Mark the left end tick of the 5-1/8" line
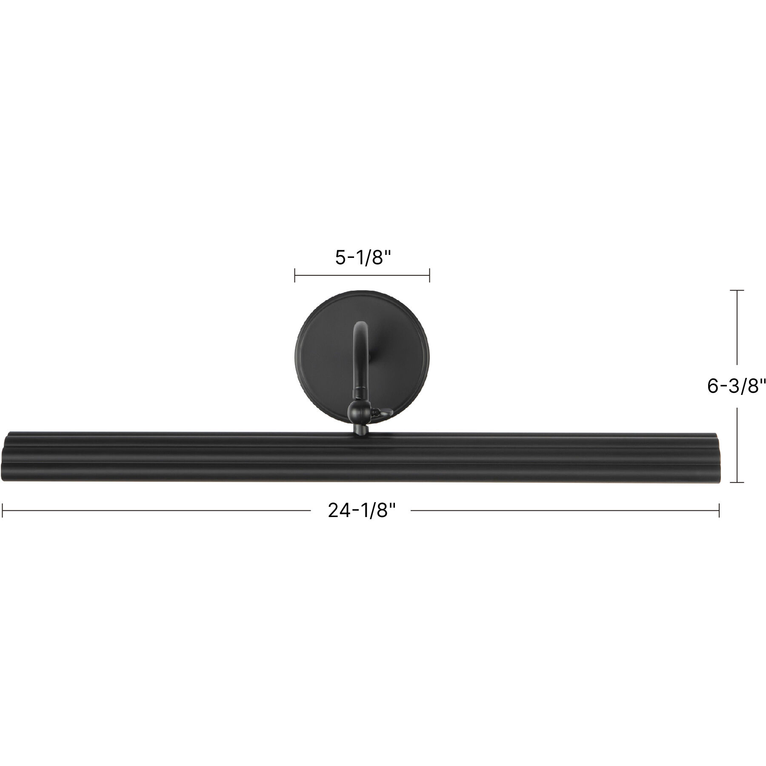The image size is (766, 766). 295,275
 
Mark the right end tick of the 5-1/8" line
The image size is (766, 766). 430,275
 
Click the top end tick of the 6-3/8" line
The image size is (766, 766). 737,290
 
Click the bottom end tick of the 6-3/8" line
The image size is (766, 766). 737,482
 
